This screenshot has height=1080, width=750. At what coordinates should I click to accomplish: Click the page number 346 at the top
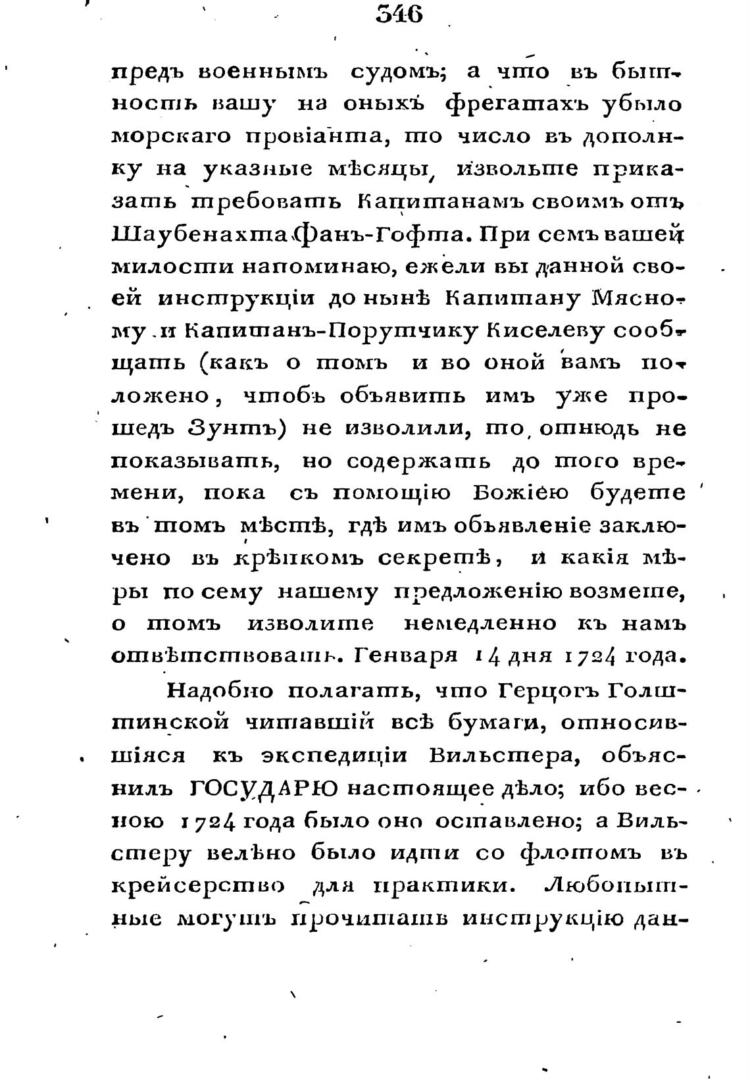(x=398, y=14)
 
